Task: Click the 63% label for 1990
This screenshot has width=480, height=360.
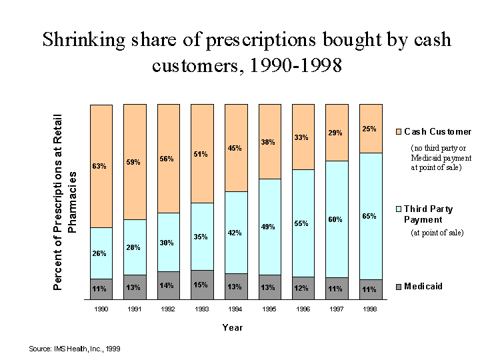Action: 100,167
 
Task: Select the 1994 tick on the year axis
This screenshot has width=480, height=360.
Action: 235,309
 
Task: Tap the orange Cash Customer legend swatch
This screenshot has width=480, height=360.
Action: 399,132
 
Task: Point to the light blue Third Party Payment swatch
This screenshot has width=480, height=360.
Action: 399,209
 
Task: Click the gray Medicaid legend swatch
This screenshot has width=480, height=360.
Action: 399,287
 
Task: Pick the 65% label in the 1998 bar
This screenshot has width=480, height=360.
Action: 369,217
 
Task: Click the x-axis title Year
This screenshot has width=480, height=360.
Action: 233,327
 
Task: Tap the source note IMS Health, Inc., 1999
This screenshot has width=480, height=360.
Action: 75,349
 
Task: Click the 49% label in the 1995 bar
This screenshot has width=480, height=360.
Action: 268,227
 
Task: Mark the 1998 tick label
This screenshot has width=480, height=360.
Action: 369,309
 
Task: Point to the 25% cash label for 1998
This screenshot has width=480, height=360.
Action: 369,129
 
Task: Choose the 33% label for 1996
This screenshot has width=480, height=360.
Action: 302,138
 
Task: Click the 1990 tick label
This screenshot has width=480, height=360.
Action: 100,309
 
